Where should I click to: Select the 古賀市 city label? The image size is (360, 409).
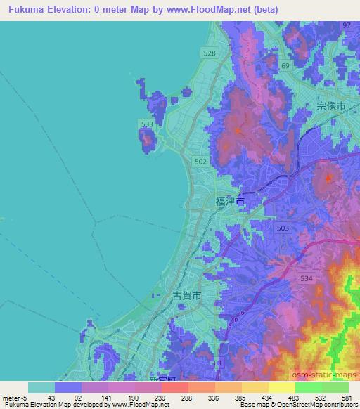click(187, 297)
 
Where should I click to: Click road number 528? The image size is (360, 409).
click(209, 53)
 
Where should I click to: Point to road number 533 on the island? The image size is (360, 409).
click(147, 124)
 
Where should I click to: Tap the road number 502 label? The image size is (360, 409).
click(200, 162)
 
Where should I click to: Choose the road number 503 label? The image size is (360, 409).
click(283, 228)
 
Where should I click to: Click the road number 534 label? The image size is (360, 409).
click(306, 259)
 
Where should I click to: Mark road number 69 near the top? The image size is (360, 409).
click(285, 65)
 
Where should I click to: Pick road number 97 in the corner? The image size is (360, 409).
click(346, 25)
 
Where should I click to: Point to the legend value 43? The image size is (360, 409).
click(41, 398)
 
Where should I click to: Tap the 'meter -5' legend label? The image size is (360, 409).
click(14, 398)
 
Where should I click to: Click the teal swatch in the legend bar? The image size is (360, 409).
click(41, 387)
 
